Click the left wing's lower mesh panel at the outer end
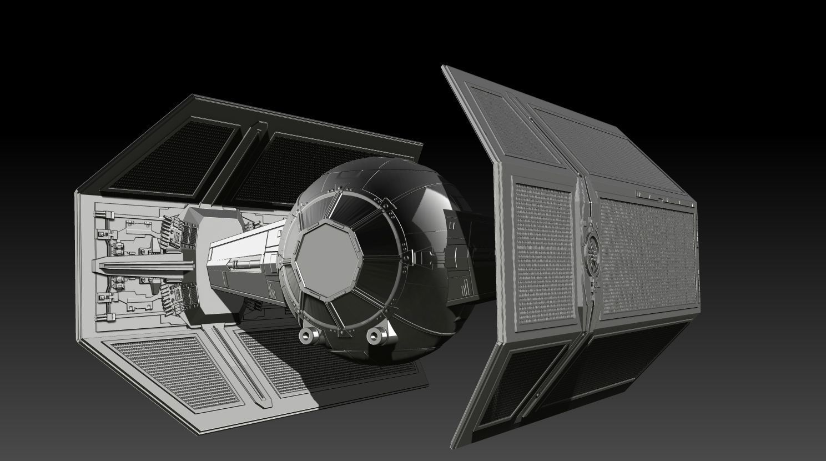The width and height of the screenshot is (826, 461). pos(172,367)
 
